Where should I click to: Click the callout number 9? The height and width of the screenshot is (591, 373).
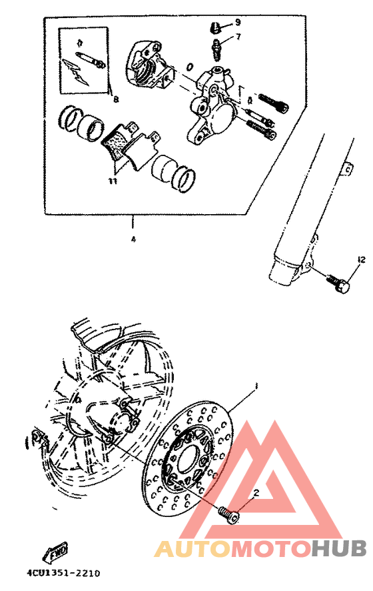238,23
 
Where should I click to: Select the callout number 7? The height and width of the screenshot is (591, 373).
238,37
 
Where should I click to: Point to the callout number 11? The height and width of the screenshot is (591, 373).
114,180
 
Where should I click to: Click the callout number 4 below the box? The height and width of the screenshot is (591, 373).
133,238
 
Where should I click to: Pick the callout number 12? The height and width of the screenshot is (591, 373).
361,259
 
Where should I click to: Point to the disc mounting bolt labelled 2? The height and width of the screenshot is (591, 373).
227,514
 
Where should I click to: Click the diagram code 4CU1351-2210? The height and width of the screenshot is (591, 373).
63,572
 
